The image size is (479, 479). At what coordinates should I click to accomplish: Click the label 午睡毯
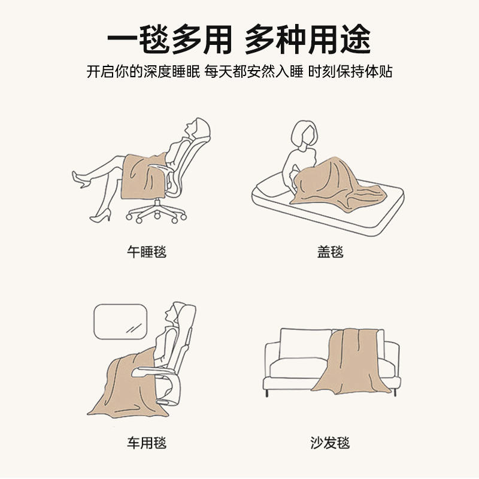(146, 251)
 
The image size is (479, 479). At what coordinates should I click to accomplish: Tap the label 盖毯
(331, 251)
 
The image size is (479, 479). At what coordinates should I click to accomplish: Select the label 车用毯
(146, 443)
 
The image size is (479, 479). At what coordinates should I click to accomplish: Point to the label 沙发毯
(331, 443)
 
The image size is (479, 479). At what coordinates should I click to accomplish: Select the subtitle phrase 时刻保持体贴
(350, 71)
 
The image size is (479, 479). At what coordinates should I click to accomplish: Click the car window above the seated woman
(120, 321)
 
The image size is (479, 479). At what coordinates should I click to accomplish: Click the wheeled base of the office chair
(157, 213)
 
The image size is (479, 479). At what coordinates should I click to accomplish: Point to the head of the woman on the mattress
(304, 135)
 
